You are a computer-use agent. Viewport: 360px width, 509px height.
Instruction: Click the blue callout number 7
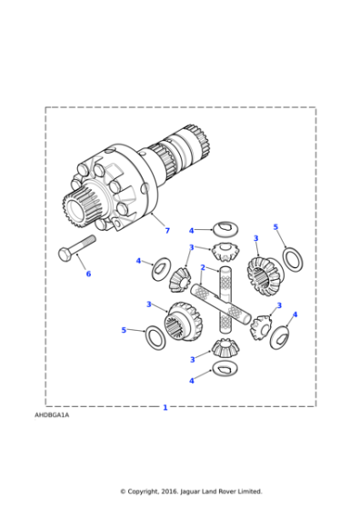(x=166, y=231)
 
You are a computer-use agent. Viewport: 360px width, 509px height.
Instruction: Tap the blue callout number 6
(x=88, y=274)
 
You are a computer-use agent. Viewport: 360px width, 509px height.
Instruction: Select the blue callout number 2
(x=202, y=268)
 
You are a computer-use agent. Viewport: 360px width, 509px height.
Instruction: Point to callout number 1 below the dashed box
(x=165, y=407)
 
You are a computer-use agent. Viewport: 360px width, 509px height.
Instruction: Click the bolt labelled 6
(x=78, y=247)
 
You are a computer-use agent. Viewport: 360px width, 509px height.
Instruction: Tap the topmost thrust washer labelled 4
(x=225, y=228)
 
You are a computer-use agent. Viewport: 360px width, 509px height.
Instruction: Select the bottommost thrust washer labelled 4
(x=225, y=368)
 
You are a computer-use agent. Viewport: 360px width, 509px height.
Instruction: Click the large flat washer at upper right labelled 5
(x=294, y=258)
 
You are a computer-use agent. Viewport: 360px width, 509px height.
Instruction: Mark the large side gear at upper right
(x=264, y=274)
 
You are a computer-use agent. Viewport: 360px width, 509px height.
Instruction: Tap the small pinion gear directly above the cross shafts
(x=224, y=252)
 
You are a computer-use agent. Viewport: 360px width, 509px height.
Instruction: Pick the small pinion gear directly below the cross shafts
(x=224, y=346)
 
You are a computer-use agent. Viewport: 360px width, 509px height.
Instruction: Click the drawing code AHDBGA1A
(x=52, y=414)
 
